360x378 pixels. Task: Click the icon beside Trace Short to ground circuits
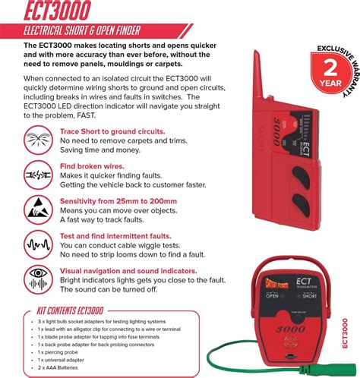coord(38,140)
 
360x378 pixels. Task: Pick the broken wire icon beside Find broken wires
coord(38,174)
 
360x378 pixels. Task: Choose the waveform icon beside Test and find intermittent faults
coord(38,242)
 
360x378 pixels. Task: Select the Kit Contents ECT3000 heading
coord(71,310)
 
